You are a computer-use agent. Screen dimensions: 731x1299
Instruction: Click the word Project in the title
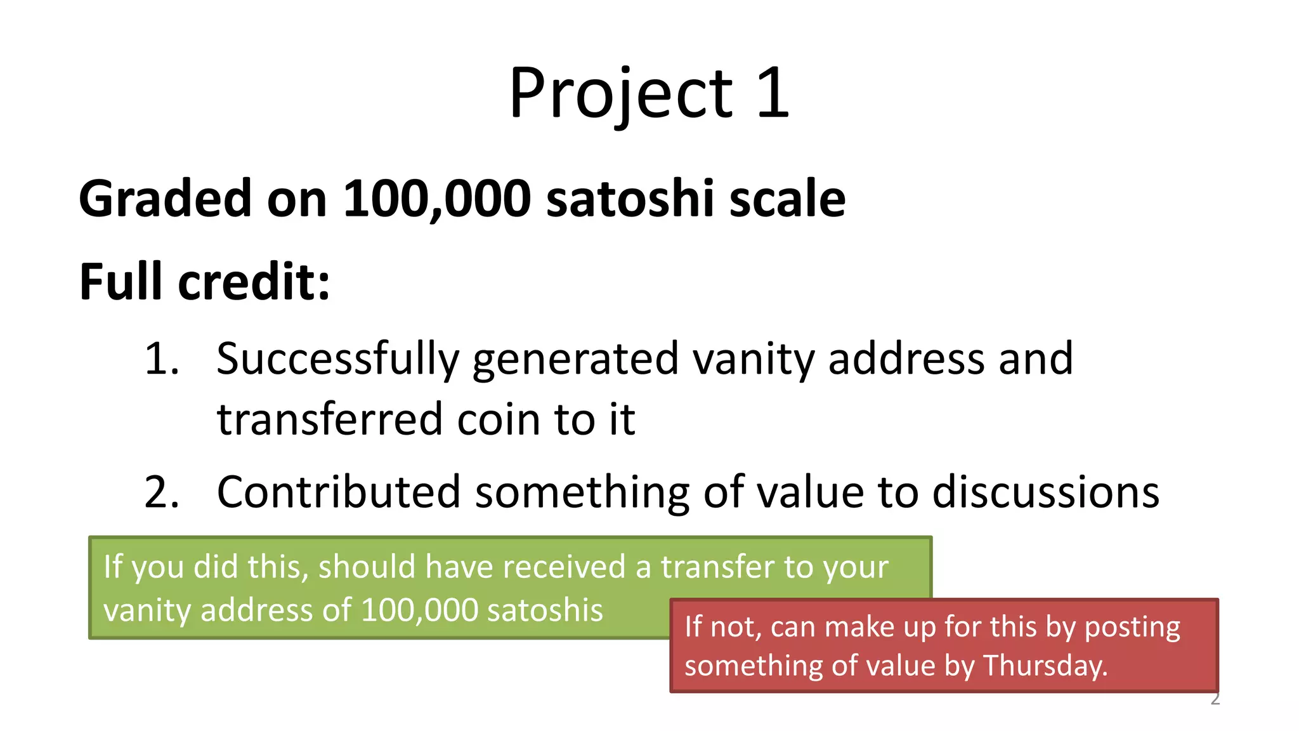pyautogui.click(x=620, y=94)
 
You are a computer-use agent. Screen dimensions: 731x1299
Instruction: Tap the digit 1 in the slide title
pyautogui.click(x=773, y=94)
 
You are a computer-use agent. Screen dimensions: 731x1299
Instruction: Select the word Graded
pyautogui.click(x=165, y=199)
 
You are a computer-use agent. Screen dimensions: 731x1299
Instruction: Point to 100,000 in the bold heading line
pyautogui.click(x=437, y=199)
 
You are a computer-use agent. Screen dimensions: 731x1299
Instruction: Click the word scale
pyautogui.click(x=787, y=199)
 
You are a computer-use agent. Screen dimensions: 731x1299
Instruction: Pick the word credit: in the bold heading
pyautogui.click(x=254, y=282)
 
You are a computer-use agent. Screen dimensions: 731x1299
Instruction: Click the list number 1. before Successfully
pyautogui.click(x=162, y=359)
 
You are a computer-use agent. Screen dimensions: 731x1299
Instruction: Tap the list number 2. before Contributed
pyautogui.click(x=162, y=492)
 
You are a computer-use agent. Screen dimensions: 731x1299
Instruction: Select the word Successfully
pyautogui.click(x=337, y=360)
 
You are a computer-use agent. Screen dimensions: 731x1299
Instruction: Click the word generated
pyautogui.click(x=575, y=360)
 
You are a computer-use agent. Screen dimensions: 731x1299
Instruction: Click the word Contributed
pyautogui.click(x=338, y=492)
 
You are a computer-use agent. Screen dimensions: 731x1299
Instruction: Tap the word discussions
pyautogui.click(x=1045, y=492)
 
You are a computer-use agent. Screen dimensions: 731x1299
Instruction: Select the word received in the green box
pyautogui.click(x=564, y=566)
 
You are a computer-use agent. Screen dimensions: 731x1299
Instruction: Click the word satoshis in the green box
pyautogui.click(x=545, y=610)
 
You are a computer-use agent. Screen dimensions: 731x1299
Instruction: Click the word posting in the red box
pyautogui.click(x=1132, y=628)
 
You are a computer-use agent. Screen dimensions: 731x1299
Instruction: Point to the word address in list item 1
pyautogui.click(x=906, y=359)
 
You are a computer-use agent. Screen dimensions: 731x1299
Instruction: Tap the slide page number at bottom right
pyautogui.click(x=1215, y=699)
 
